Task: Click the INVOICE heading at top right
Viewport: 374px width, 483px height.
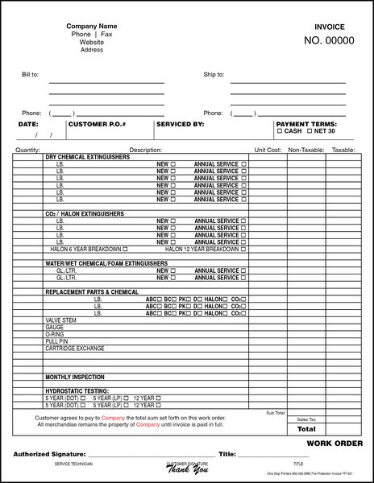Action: tap(330, 27)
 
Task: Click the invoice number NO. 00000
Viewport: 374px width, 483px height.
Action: tap(329, 41)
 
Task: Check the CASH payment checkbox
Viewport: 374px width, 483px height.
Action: tap(280, 131)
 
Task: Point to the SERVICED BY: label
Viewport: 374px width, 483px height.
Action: tap(181, 125)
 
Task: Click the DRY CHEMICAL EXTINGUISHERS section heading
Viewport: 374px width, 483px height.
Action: tap(87, 157)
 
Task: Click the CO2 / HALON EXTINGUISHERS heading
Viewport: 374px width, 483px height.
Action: tap(85, 213)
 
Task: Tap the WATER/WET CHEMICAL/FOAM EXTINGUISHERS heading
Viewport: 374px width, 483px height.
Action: tap(101, 263)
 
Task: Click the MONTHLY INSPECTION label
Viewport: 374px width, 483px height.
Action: tap(75, 377)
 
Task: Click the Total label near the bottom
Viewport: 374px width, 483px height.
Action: tap(306, 429)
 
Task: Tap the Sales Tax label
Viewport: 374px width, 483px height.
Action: tap(306, 419)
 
